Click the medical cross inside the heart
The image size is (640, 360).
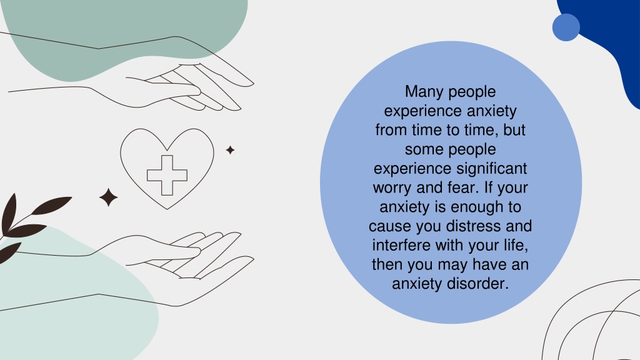click(x=167, y=175)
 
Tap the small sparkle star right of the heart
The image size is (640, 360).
click(x=230, y=150)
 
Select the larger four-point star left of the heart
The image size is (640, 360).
click(x=109, y=197)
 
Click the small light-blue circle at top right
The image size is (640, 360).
click(x=566, y=27)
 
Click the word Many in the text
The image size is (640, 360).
click(x=422, y=91)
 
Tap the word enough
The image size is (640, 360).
click(x=477, y=207)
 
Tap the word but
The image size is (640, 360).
click(x=514, y=130)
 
